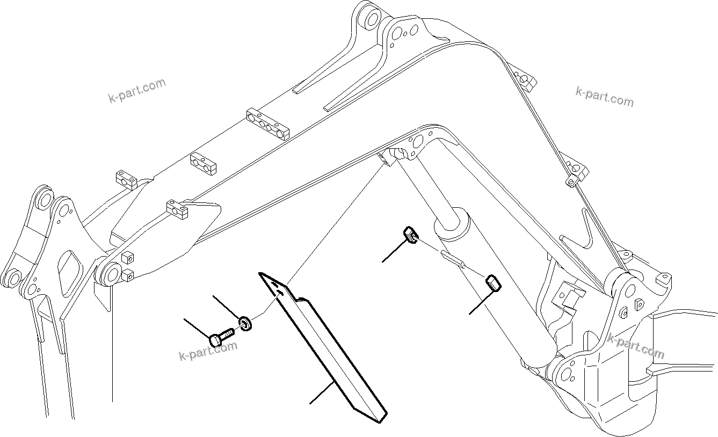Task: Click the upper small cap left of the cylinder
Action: point(410,235)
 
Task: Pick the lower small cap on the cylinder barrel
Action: point(494,282)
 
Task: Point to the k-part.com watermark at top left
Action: point(137,91)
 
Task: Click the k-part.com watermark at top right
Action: point(604,97)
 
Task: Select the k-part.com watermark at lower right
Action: point(636,346)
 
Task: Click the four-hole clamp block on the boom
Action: point(268,122)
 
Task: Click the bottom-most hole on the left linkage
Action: point(12,279)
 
